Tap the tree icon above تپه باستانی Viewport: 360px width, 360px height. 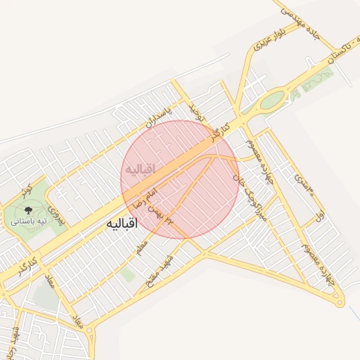click(x=28, y=210)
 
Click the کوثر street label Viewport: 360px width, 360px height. click(x=26, y=192)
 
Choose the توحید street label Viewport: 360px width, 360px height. click(x=194, y=110)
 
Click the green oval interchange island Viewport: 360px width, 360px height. click(x=272, y=101)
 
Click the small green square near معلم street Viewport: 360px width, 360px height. click(x=127, y=274)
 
